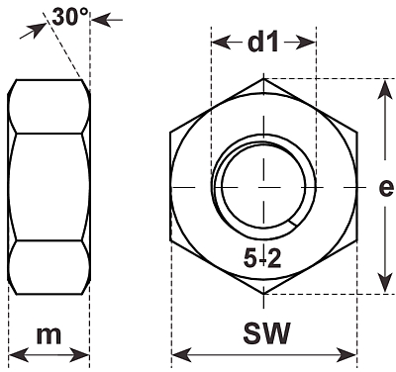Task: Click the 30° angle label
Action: coord(70,17)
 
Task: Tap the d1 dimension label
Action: coord(263,43)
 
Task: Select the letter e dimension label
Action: coord(386,188)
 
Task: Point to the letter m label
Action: coord(49,335)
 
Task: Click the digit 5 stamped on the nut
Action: coord(250,258)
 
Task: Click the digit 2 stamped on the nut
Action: coord(274,258)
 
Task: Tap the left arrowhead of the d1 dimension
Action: coord(221,43)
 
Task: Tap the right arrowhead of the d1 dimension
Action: coord(306,43)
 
